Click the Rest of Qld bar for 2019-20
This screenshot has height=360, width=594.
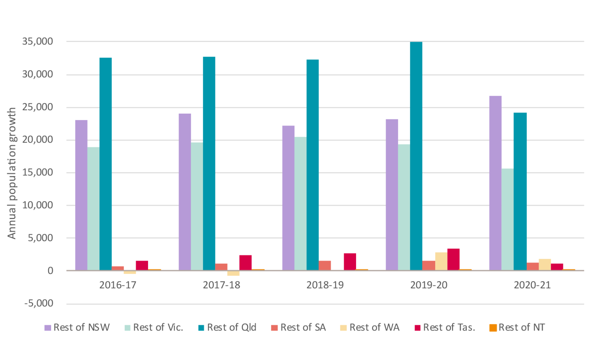416,156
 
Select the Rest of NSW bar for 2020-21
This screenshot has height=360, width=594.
495,183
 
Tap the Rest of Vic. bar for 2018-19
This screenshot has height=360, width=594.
300,204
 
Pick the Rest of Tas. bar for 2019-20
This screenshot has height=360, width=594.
453,259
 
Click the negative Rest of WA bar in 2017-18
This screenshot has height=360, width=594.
233,273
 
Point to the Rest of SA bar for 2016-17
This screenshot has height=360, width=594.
118,268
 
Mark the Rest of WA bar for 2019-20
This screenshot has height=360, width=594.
441,261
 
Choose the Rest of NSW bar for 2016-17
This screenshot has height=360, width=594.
81,195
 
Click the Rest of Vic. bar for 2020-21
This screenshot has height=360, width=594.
507,219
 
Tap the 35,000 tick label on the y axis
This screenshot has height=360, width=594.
38,42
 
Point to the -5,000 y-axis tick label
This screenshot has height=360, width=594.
39,304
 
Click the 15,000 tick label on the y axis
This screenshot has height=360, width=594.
38,173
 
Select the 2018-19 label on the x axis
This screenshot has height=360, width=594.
325,285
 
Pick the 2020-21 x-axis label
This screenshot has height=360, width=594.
532,285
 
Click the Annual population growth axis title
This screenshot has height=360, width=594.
12,173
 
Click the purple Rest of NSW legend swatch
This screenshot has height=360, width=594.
48,328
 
